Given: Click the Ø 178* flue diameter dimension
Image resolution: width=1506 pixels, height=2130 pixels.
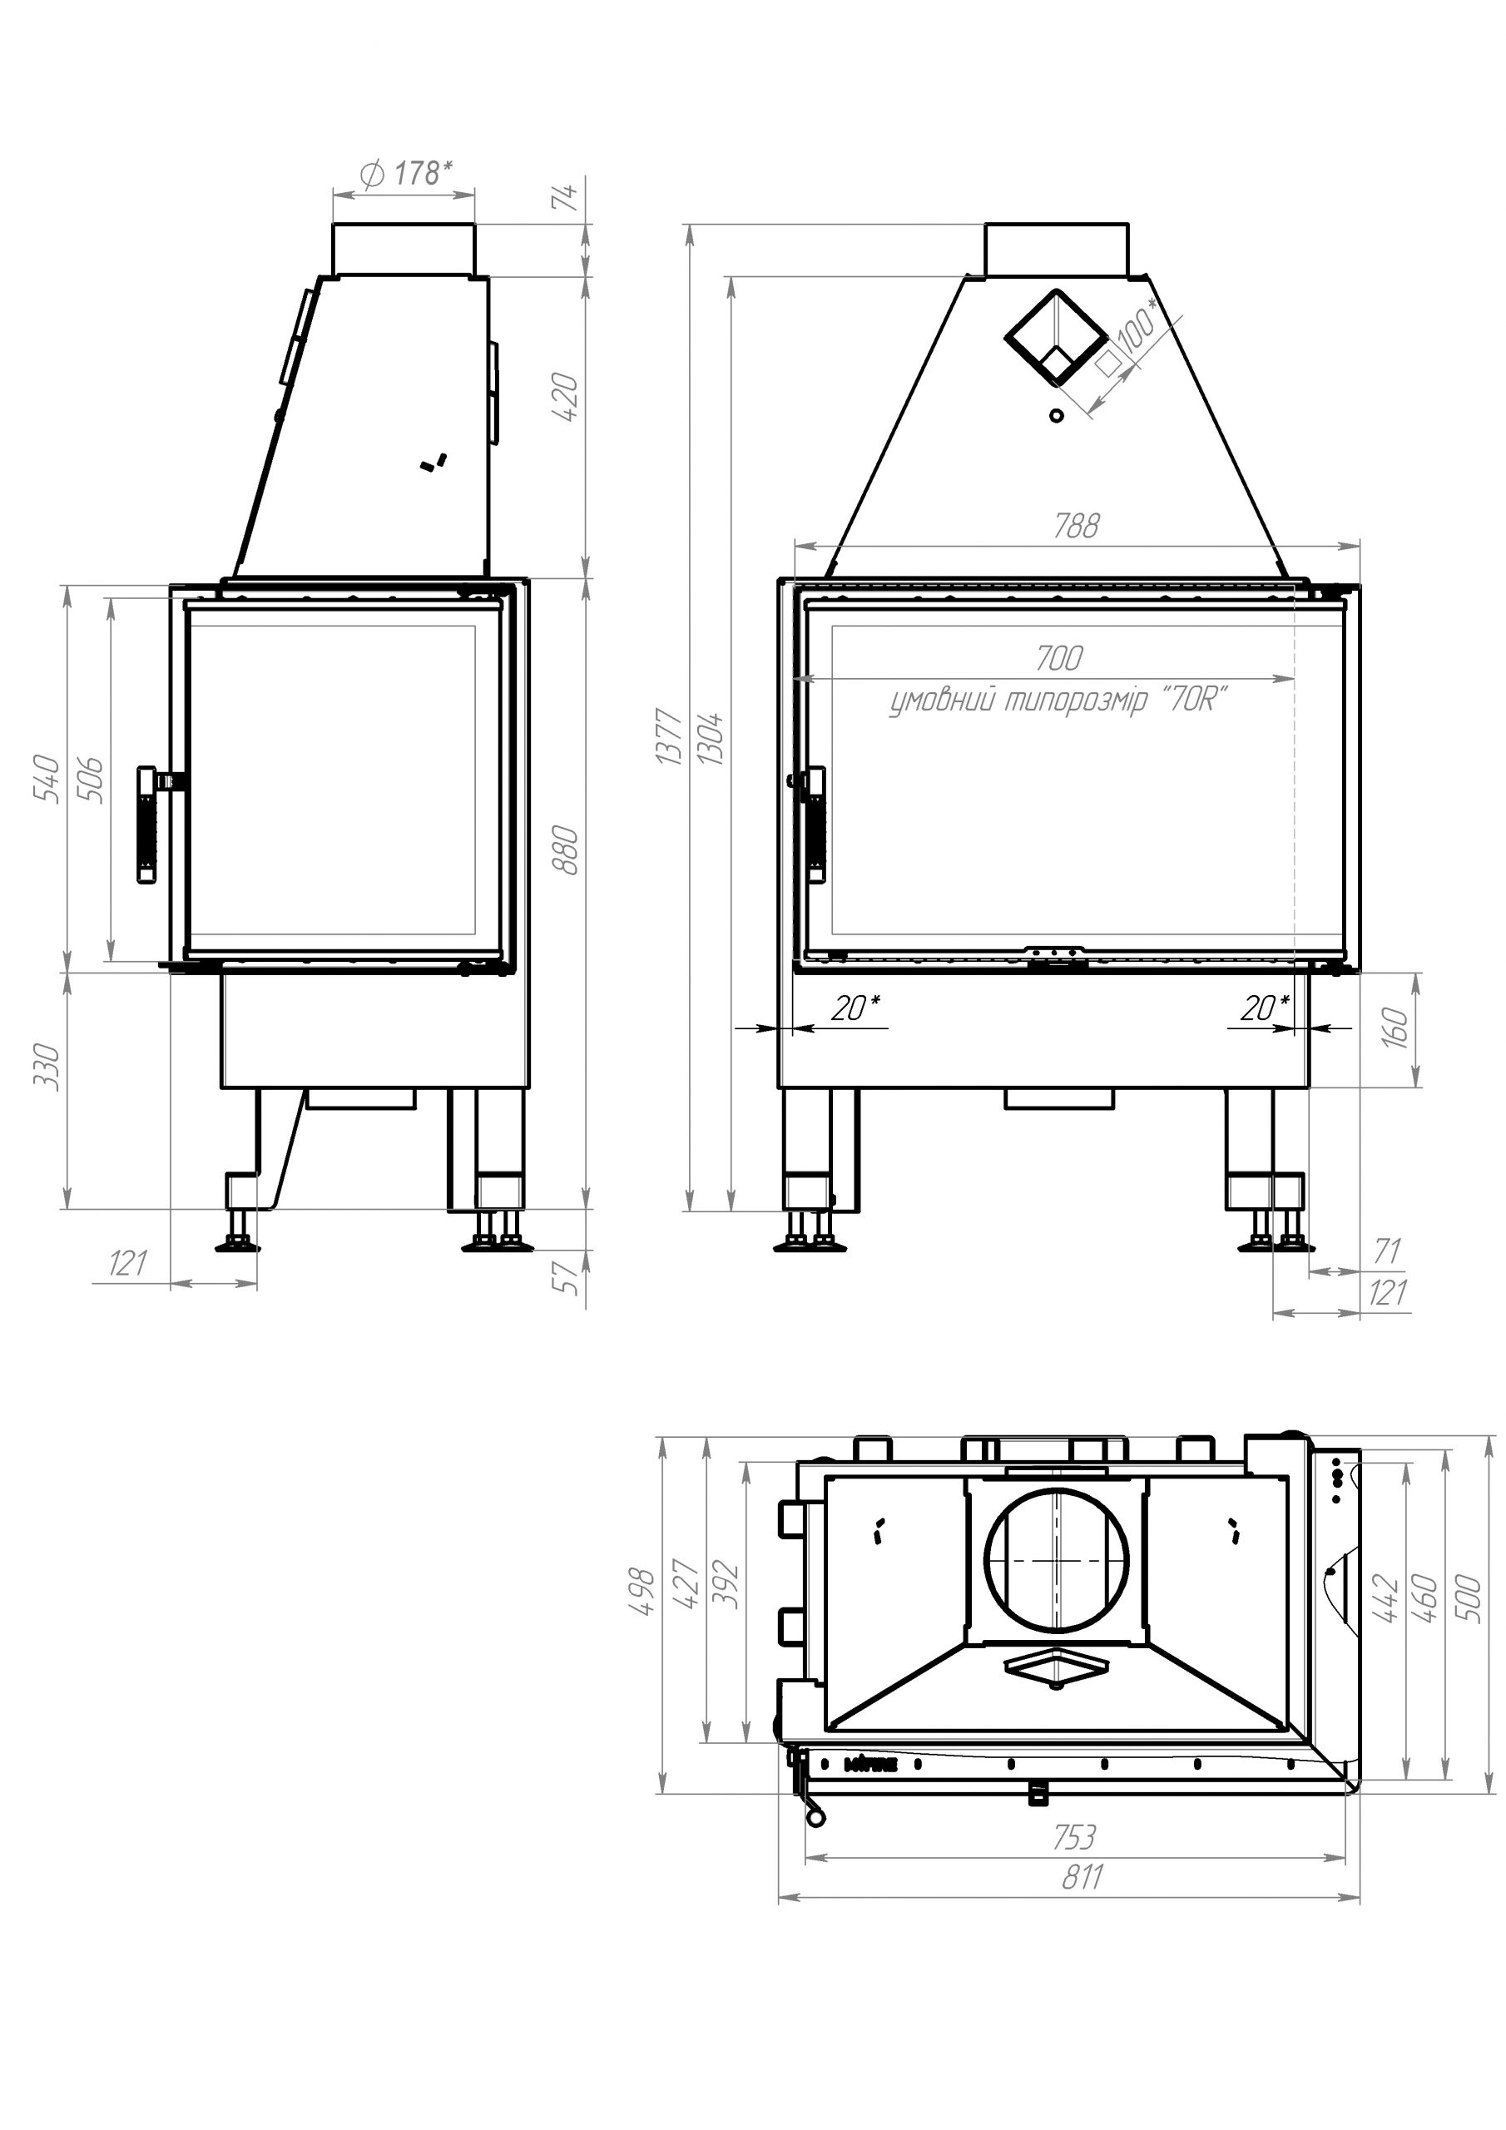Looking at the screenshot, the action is pyautogui.click(x=405, y=174).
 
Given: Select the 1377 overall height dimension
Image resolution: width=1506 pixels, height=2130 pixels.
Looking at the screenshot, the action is pyautogui.click(x=670, y=736).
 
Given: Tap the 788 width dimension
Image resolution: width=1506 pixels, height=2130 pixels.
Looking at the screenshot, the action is pyautogui.click(x=1076, y=526).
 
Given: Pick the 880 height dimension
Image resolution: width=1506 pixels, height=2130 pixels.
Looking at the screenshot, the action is pyautogui.click(x=565, y=850).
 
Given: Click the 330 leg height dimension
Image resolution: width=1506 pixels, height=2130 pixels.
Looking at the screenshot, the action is pyautogui.click(x=47, y=1067).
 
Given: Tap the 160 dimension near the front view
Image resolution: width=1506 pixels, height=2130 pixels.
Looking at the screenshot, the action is pyautogui.click(x=1395, y=1028).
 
